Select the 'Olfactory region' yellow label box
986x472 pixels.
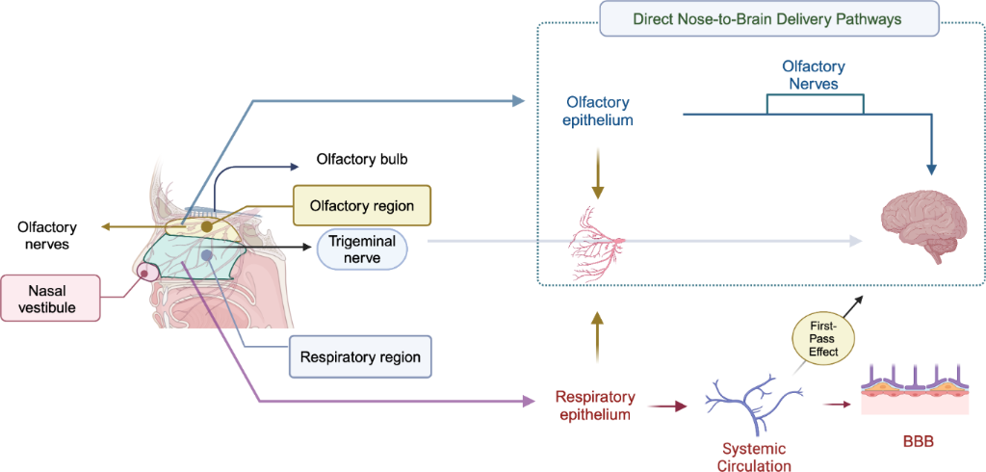361,206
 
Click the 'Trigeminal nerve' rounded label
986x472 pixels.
362,249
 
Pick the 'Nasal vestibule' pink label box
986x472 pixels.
50,297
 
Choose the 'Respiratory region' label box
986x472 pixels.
360,356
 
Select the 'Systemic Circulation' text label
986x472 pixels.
755,457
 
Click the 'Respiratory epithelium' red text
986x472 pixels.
595,406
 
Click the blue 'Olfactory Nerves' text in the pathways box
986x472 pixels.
814,75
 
